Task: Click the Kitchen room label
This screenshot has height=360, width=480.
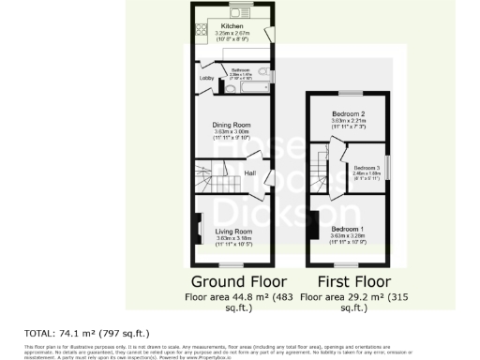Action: click(x=232, y=27)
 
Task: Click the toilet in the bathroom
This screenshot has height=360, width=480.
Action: click(x=263, y=70)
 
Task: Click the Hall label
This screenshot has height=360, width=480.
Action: click(x=250, y=173)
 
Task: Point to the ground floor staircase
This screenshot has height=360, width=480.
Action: click(x=213, y=173)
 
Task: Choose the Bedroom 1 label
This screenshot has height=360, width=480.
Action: click(x=347, y=229)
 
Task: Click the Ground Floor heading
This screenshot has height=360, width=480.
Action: click(x=232, y=282)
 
